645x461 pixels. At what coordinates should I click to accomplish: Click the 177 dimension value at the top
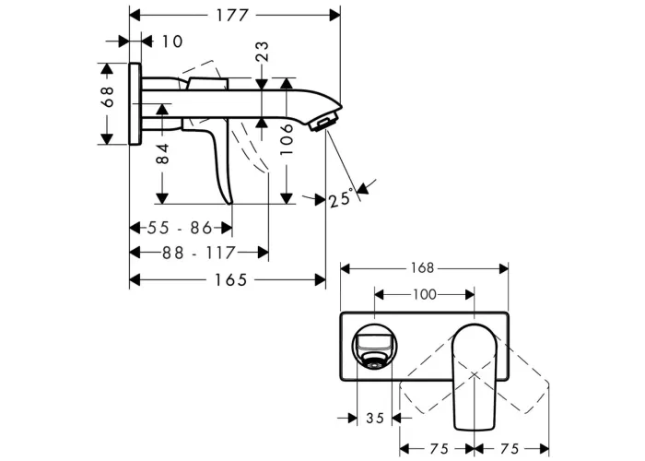tap(232, 16)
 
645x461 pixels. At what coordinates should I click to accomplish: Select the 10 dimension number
tap(172, 41)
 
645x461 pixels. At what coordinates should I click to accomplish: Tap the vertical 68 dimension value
tap(108, 97)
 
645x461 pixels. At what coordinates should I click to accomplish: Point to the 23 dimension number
tap(262, 51)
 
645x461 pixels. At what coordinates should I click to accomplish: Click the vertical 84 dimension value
tap(163, 153)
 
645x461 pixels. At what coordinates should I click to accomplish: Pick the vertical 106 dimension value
tap(287, 139)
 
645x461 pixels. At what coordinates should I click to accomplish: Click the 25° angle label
tap(342, 198)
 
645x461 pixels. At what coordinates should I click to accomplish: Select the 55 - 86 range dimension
tap(180, 228)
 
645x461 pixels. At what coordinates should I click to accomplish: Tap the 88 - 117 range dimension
tap(199, 253)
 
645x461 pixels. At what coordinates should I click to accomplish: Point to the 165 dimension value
tap(230, 280)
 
